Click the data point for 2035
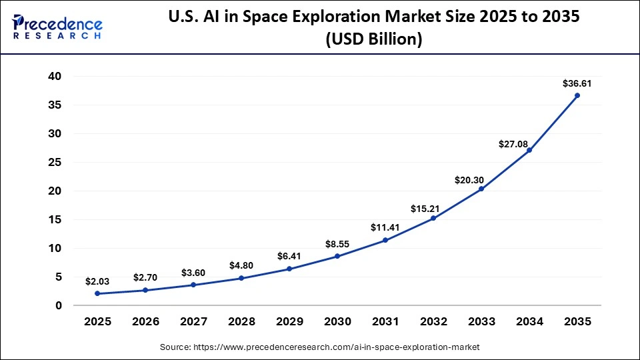tap(577, 95)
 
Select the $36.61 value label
tap(577, 84)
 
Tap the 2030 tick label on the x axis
tap(337, 321)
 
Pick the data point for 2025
tap(97, 293)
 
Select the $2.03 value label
tap(97, 282)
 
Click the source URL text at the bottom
tap(320, 347)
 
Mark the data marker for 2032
tap(433, 218)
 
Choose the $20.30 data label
tap(481, 179)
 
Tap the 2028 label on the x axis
tap(241, 321)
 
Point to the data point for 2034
tap(529, 150)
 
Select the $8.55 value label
tap(337, 245)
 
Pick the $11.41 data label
tap(385, 228)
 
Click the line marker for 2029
tap(289, 269)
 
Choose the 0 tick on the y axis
tap(59, 305)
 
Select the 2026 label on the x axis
tap(145, 321)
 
